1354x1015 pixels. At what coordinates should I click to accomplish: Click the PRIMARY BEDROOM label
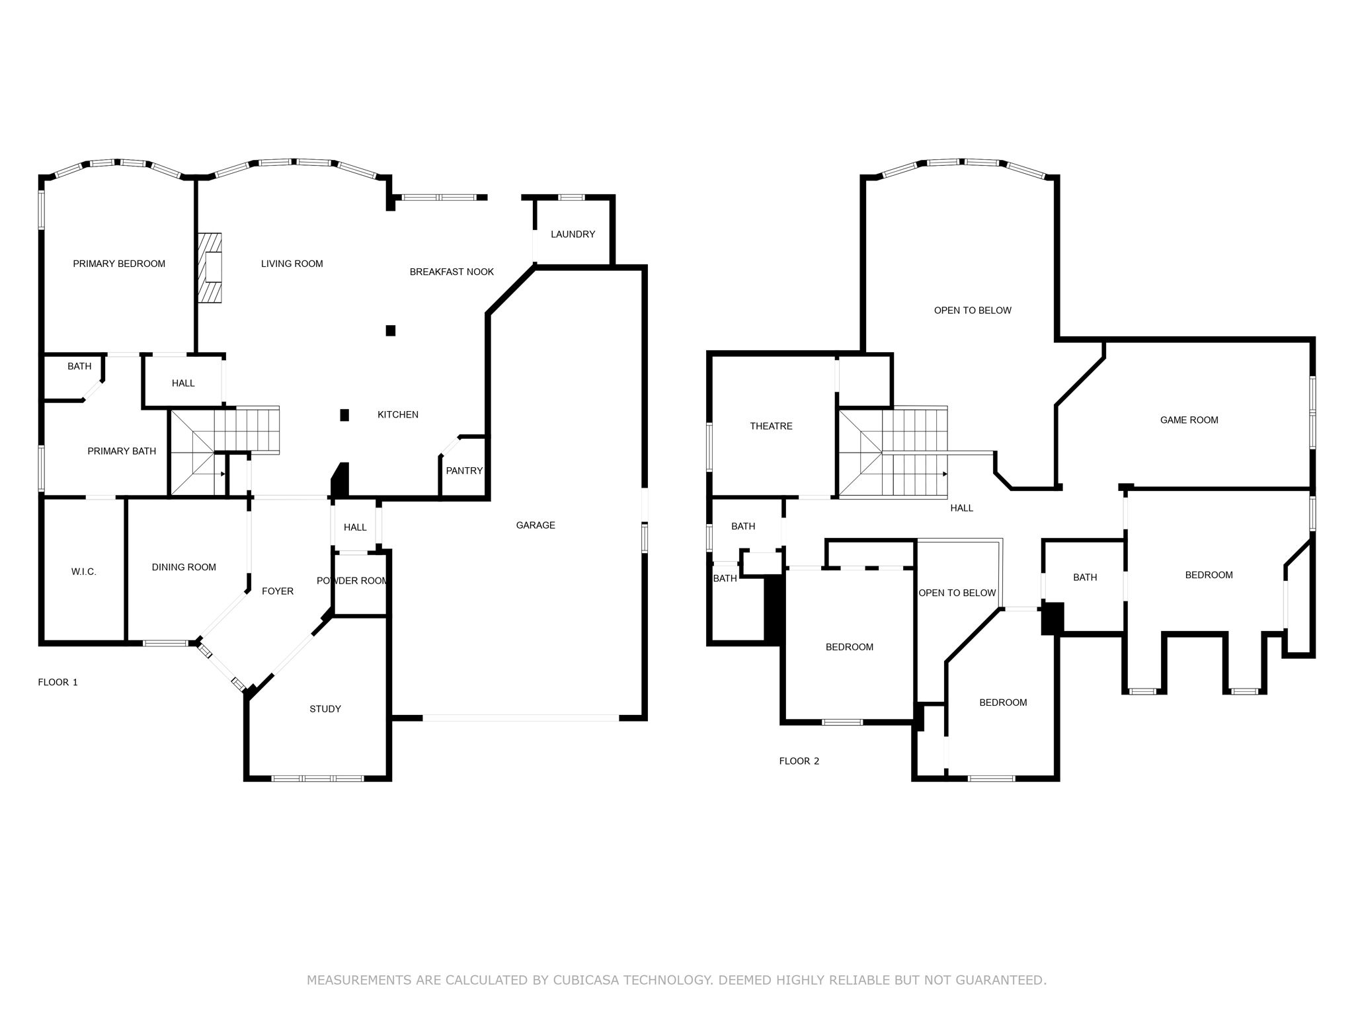[x=119, y=264]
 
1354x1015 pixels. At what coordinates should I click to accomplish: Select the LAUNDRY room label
[x=573, y=234]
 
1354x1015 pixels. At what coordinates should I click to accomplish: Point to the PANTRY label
[x=464, y=470]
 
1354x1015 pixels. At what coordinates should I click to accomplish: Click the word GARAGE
[x=536, y=525]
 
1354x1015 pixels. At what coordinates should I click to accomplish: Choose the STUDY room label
[x=325, y=709]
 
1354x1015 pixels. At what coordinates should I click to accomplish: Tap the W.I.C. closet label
[x=84, y=572]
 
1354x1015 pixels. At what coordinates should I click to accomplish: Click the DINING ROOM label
[x=184, y=567]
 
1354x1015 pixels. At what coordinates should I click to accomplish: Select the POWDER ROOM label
[x=352, y=581]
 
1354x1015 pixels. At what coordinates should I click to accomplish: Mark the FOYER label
[x=278, y=591]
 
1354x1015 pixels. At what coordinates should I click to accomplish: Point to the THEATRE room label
[x=771, y=426]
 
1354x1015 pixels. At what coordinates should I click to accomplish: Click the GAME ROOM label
[x=1189, y=420]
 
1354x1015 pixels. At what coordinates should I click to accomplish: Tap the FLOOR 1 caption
[x=58, y=682]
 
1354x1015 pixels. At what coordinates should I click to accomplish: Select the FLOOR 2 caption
[x=799, y=761]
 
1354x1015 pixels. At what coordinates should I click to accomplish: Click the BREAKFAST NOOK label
[x=452, y=272]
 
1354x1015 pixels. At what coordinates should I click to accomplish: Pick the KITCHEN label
[x=398, y=415]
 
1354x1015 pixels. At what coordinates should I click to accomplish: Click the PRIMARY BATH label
[x=122, y=451]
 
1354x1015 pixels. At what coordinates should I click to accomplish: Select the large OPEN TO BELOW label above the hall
[x=973, y=311]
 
